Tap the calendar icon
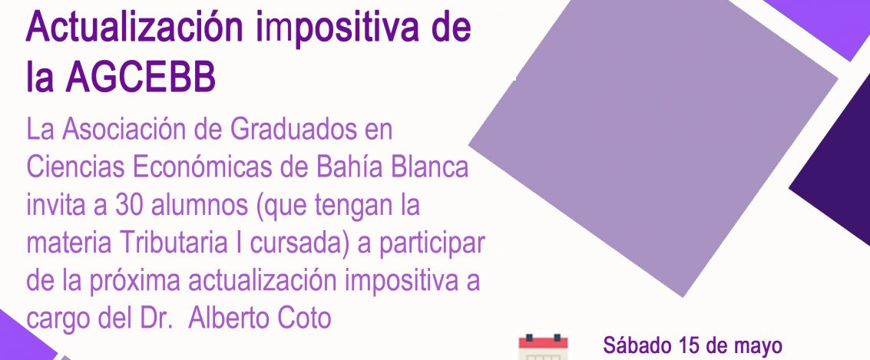coord(543,348)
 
